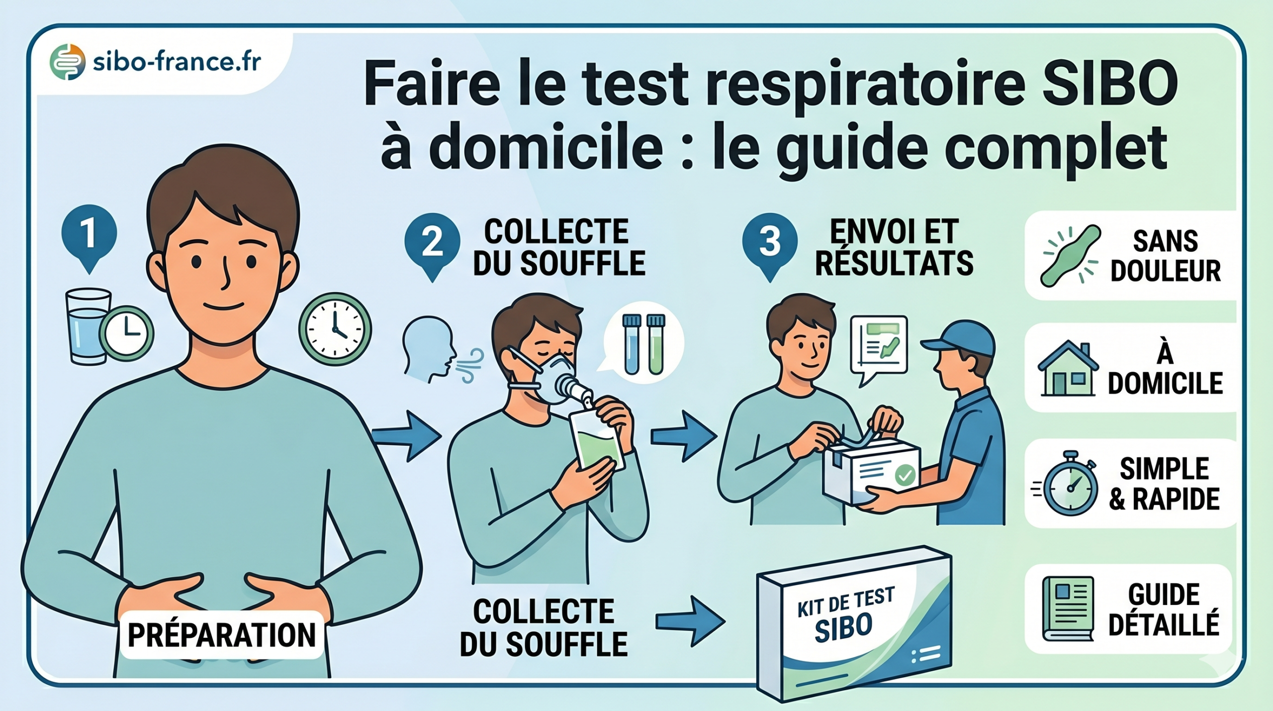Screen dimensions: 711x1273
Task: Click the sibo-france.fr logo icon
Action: [x=68, y=62]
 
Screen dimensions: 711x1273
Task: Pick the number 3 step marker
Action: [x=769, y=242]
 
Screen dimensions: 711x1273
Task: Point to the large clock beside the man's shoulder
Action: [x=335, y=329]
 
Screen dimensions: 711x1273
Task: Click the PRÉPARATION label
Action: [x=222, y=635]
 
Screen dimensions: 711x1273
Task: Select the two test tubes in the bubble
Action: [x=643, y=343]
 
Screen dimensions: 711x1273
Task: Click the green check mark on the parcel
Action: [x=905, y=475]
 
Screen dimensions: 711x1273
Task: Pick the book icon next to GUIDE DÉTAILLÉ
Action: [x=1067, y=609]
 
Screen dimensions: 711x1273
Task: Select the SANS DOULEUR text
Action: [x=1165, y=256]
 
